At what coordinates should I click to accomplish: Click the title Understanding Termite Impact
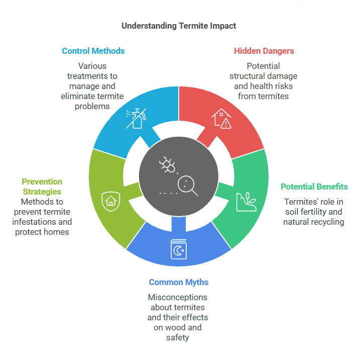click(x=179, y=26)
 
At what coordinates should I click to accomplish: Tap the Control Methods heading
click(x=93, y=51)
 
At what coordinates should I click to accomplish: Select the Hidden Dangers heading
click(x=264, y=51)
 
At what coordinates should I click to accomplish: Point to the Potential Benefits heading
click(x=314, y=187)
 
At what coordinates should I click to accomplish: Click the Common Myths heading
click(x=178, y=283)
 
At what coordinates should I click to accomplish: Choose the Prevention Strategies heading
click(x=42, y=187)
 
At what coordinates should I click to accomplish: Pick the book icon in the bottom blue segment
click(x=178, y=249)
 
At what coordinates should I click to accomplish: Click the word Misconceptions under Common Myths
click(x=178, y=298)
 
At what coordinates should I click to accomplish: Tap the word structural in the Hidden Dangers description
click(x=249, y=76)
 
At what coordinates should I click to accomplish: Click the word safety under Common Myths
click(x=178, y=337)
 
